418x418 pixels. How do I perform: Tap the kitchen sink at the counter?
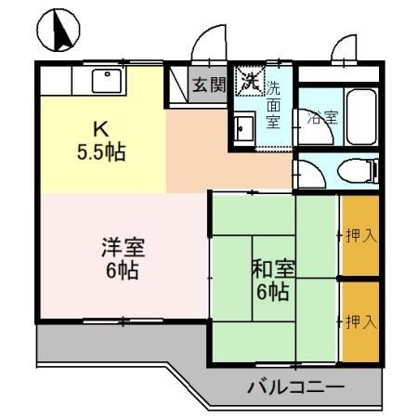click(108, 82)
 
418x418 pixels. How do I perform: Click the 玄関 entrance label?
click(209, 85)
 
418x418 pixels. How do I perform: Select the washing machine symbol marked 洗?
click(249, 81)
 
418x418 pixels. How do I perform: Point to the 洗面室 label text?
click(273, 105)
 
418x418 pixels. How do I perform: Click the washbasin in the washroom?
click(245, 128)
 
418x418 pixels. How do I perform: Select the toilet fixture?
click(358, 170)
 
